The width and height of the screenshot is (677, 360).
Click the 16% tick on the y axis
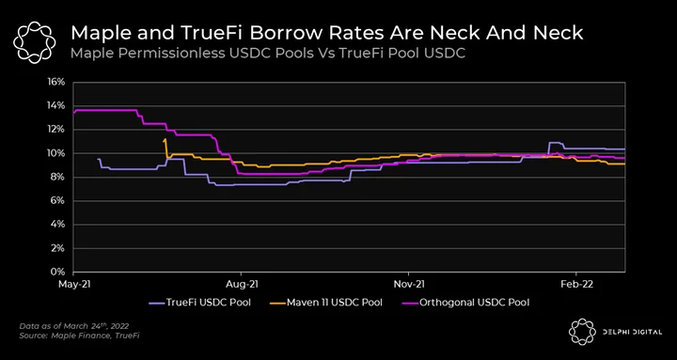tap(57, 82)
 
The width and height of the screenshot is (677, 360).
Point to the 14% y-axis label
tap(57, 106)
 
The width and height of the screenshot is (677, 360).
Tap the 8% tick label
tap(58, 177)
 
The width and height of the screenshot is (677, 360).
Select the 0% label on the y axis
tap(58, 272)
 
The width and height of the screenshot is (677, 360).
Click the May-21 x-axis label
tap(73, 284)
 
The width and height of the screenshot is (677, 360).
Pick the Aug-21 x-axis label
tap(241, 284)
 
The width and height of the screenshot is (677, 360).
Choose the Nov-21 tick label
tap(408, 284)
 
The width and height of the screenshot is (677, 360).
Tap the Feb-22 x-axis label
tap(576, 284)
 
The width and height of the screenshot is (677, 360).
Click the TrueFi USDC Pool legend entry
tap(199, 302)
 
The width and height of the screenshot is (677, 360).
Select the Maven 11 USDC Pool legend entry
tap(325, 302)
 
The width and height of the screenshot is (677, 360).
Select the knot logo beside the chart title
tap(35, 42)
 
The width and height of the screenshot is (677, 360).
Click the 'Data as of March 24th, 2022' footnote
tap(74, 326)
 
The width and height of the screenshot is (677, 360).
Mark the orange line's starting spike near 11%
tap(165, 139)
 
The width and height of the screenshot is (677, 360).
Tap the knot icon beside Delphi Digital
tap(582, 332)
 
